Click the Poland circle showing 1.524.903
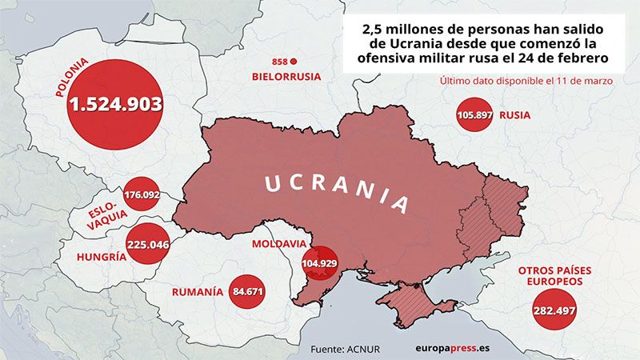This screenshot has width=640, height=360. (115, 104)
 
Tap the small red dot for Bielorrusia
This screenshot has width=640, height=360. (294, 62)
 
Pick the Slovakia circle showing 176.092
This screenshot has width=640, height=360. (142, 194)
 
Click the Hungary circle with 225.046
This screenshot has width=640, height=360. (148, 245)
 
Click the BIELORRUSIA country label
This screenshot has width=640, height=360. (286, 77)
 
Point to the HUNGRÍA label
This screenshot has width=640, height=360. (101, 257)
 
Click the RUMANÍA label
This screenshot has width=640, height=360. (198, 292)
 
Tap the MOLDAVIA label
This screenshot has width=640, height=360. (278, 243)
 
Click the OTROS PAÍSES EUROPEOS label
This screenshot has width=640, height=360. (555, 276)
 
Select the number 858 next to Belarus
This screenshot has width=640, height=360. (279, 62)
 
